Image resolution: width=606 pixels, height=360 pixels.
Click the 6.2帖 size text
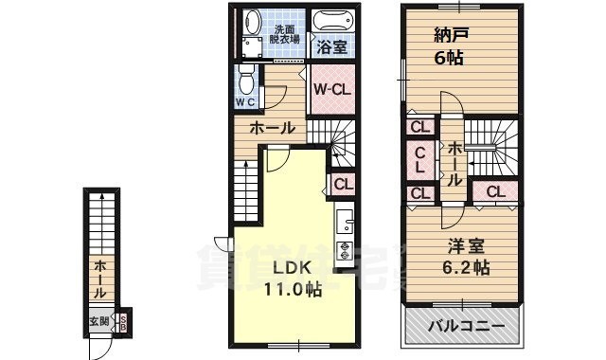tap(467, 267)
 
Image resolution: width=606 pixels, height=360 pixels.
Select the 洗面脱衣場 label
tap(284, 34)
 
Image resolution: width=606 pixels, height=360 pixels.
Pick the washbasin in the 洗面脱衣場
tap(252, 20)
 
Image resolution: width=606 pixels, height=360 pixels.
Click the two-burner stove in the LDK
tap(345, 251)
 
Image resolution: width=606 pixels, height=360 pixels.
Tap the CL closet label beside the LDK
tap(343, 185)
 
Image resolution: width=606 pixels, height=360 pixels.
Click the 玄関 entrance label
tap(100, 321)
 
